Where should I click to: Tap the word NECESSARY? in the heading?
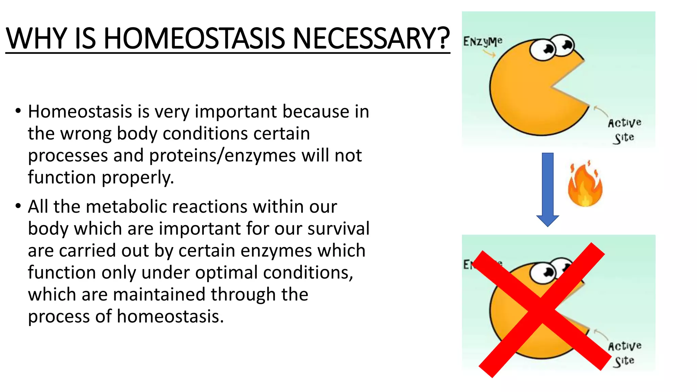click(x=371, y=38)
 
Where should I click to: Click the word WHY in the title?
click(x=36, y=38)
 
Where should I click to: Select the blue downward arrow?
click(x=548, y=189)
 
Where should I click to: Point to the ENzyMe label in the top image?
click(x=482, y=42)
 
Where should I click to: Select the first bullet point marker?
click(x=18, y=111)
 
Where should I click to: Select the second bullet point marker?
click(x=18, y=206)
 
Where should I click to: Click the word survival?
click(x=338, y=229)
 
